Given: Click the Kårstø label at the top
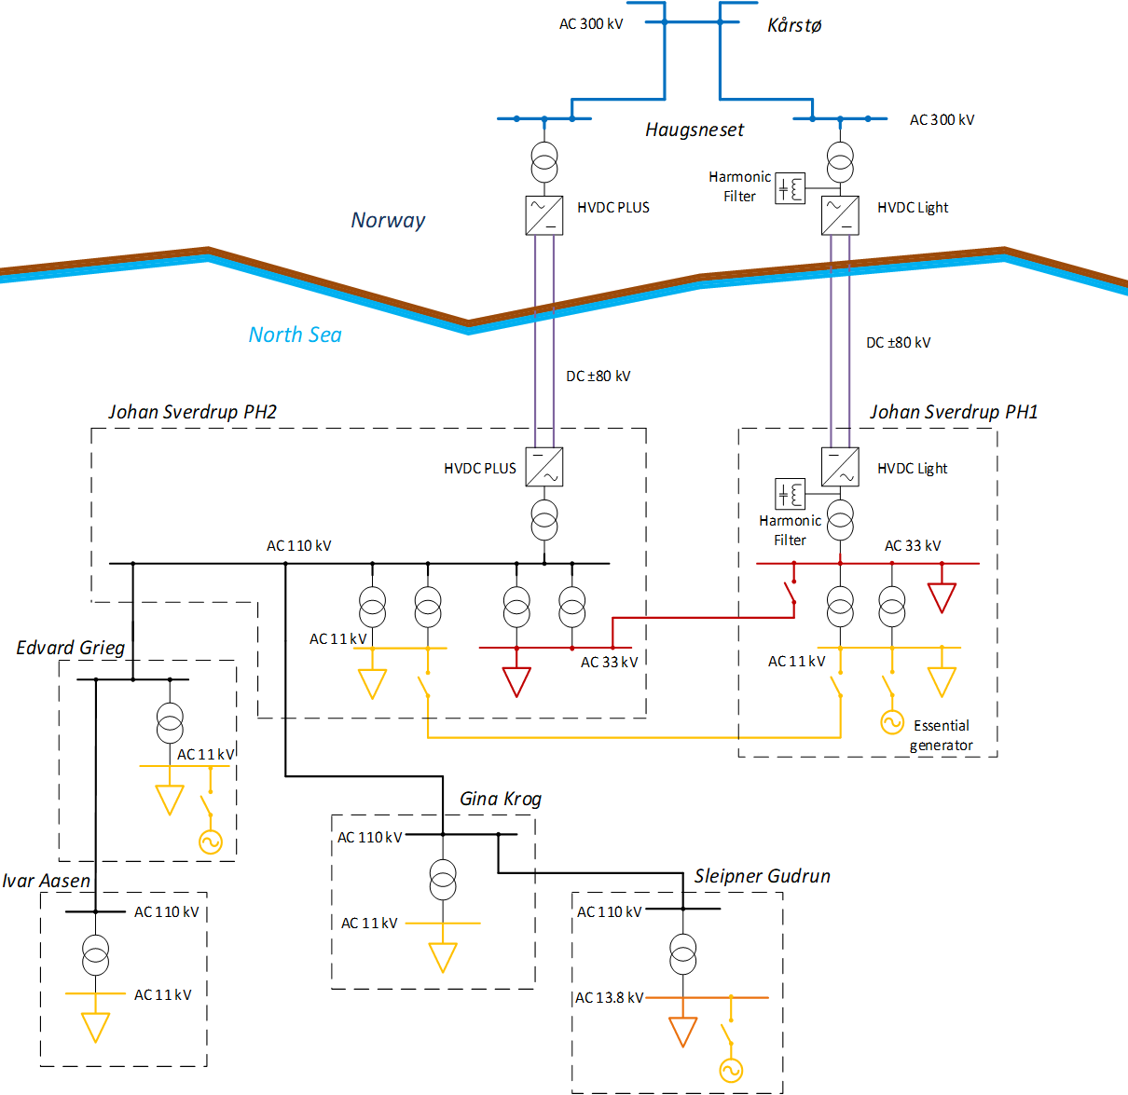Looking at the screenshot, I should [x=794, y=25].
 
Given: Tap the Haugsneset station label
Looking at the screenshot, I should [x=695, y=130].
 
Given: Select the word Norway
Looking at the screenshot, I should [x=388, y=220].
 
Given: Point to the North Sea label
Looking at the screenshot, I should [x=295, y=335].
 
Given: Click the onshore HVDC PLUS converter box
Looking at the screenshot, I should [x=544, y=215].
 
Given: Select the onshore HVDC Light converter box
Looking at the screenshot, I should [x=840, y=215].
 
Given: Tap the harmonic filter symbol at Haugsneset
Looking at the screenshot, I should [x=791, y=188].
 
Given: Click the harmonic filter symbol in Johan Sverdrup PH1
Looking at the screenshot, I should [x=791, y=494].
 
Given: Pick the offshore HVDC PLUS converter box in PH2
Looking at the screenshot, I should [x=544, y=467].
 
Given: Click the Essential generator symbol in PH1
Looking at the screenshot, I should [x=892, y=722].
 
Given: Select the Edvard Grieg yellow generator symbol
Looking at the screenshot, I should [x=211, y=842].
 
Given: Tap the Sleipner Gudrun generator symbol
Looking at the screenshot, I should [x=731, y=1071].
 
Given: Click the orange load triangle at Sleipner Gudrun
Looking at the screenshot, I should [x=683, y=1031].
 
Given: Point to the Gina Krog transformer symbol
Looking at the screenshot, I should [x=443, y=878].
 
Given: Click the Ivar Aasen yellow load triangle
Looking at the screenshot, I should [x=95, y=1027].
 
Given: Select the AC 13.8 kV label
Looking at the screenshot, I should [x=609, y=997].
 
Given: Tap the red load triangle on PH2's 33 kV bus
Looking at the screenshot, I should [x=516, y=681].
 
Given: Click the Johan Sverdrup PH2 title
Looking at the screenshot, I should [x=192, y=412].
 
